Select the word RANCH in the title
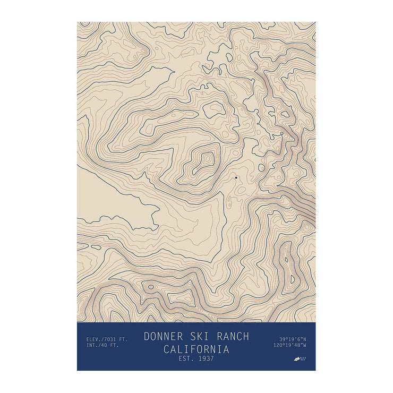pos(232,337)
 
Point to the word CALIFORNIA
pos(196,349)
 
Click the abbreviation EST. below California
pos(186,359)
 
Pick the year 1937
pos(204,359)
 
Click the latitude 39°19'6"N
pos(292,339)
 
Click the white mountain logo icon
pos(297,359)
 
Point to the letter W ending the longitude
pos(305,345)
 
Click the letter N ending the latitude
pos(305,339)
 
